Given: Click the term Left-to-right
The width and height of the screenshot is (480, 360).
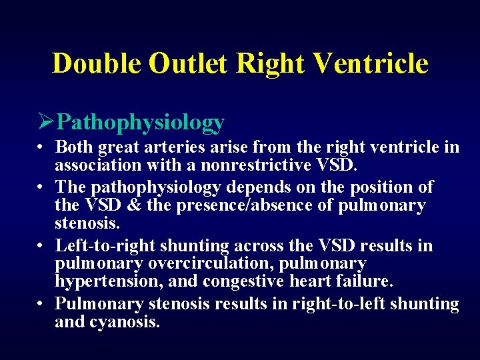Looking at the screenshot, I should click(x=105, y=246).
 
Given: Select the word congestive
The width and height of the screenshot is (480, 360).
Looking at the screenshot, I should click(x=237, y=282).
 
